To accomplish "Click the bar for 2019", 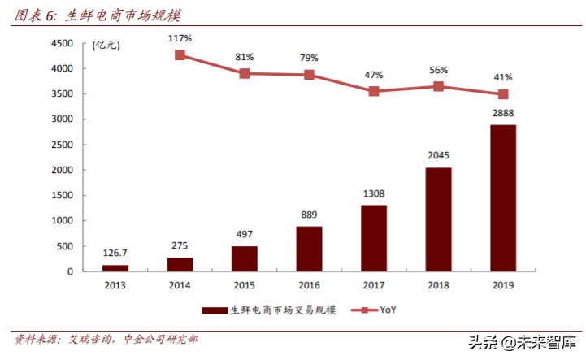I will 503,197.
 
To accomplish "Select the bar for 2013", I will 115,267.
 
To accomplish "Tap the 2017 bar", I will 374,237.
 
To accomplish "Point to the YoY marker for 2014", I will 180,55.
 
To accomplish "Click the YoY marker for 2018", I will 438,86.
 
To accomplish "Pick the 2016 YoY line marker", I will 309,75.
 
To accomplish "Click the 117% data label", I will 180,38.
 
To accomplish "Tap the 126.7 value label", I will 115,252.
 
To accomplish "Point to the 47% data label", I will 374,74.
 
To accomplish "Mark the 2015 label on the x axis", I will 244,285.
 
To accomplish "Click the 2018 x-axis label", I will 438,285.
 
